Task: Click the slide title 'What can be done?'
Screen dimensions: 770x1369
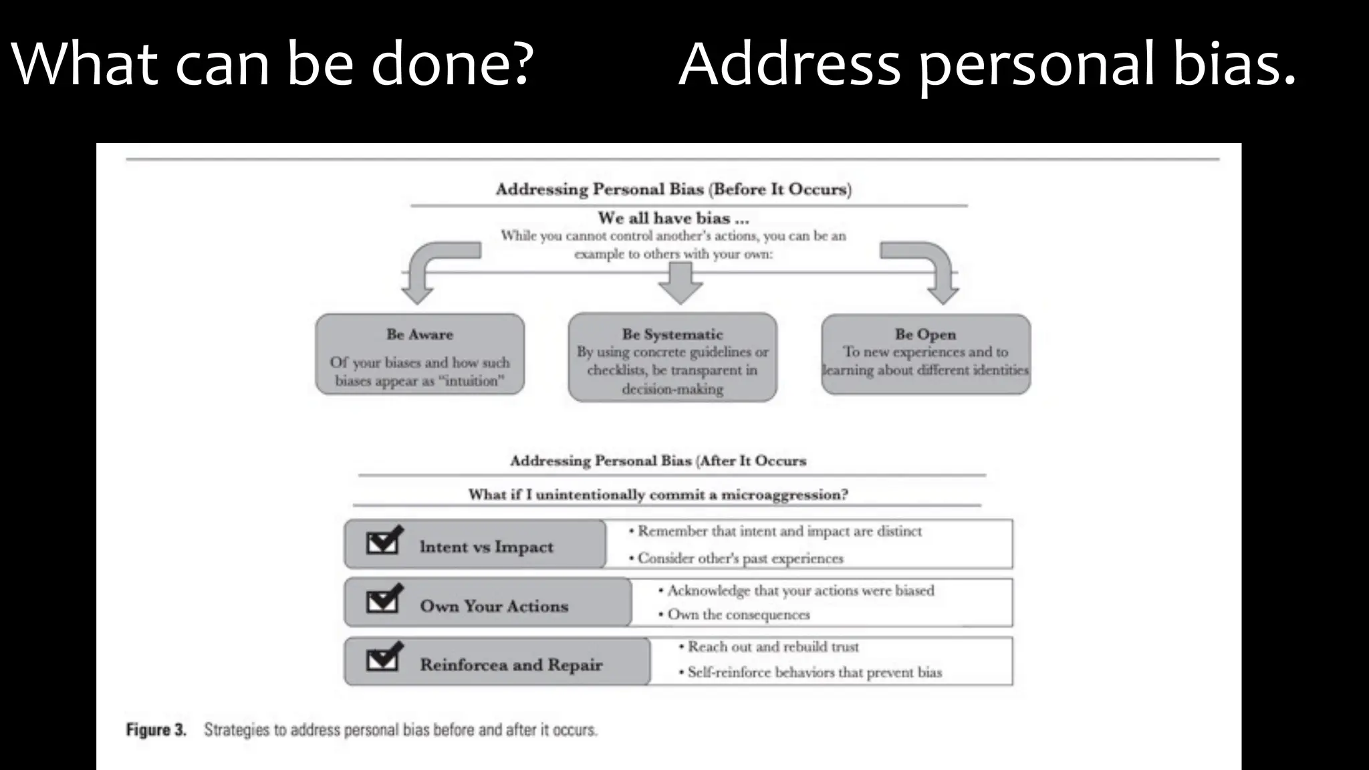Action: point(272,64)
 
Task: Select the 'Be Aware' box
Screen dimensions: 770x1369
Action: point(420,354)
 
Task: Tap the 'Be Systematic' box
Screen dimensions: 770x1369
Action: point(672,358)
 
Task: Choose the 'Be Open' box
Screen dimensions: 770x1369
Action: point(926,354)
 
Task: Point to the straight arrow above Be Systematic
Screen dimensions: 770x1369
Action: point(680,283)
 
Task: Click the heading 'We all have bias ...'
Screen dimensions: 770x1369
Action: point(673,218)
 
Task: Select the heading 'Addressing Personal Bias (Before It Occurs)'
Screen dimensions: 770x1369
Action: point(673,189)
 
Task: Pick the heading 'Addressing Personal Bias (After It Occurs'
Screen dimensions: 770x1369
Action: point(658,461)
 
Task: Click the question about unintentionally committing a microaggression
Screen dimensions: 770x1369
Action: point(658,495)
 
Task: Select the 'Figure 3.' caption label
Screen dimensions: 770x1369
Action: point(156,730)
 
